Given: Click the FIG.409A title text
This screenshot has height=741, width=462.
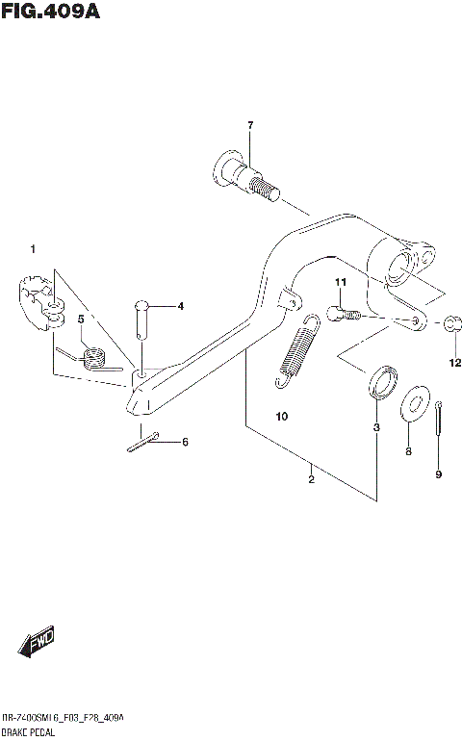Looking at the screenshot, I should [x=51, y=13].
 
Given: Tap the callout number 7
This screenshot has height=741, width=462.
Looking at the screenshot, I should [x=249, y=126].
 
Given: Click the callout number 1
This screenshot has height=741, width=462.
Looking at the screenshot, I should [x=32, y=250].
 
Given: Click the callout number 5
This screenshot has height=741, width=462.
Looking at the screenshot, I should [x=82, y=318].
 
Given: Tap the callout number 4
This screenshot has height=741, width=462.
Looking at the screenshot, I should [x=179, y=307].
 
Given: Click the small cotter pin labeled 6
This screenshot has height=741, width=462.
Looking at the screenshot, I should [x=142, y=444].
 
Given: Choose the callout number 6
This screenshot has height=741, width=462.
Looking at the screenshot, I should [x=185, y=442].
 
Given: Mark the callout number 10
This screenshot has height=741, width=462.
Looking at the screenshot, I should [x=281, y=417].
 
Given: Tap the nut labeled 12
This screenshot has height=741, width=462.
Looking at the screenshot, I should [x=453, y=324].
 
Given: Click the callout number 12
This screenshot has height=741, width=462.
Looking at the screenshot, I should [x=455, y=363].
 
